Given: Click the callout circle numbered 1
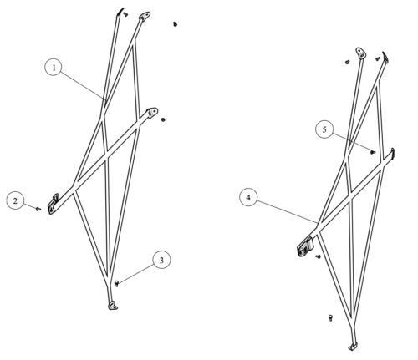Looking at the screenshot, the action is click(54, 68).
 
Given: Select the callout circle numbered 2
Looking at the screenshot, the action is click(15, 200).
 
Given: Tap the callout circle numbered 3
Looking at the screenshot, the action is click(161, 260).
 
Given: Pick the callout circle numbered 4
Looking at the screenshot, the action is click(248, 197).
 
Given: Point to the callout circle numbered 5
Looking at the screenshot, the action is click(324, 129).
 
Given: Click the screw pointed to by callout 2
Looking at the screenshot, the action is click(38, 209).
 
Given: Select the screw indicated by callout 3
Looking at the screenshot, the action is click(117, 283).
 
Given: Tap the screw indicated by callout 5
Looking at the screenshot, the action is click(373, 152).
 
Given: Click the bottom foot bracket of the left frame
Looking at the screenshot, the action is click(113, 306).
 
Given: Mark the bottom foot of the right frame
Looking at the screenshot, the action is click(353, 347).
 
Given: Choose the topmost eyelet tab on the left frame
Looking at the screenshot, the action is click(145, 16).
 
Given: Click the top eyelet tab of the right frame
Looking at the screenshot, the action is click(361, 53).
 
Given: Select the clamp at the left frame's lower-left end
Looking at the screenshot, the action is click(54, 204).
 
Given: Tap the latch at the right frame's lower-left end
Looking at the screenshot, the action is click(305, 246).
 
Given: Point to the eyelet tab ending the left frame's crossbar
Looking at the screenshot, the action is click(152, 112).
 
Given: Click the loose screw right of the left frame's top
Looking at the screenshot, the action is click(175, 24).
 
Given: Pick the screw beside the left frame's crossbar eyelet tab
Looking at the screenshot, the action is click(163, 119).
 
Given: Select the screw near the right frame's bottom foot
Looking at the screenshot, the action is click(330, 317).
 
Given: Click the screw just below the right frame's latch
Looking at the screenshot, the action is click(318, 256).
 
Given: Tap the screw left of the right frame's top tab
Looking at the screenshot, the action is click(347, 62).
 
